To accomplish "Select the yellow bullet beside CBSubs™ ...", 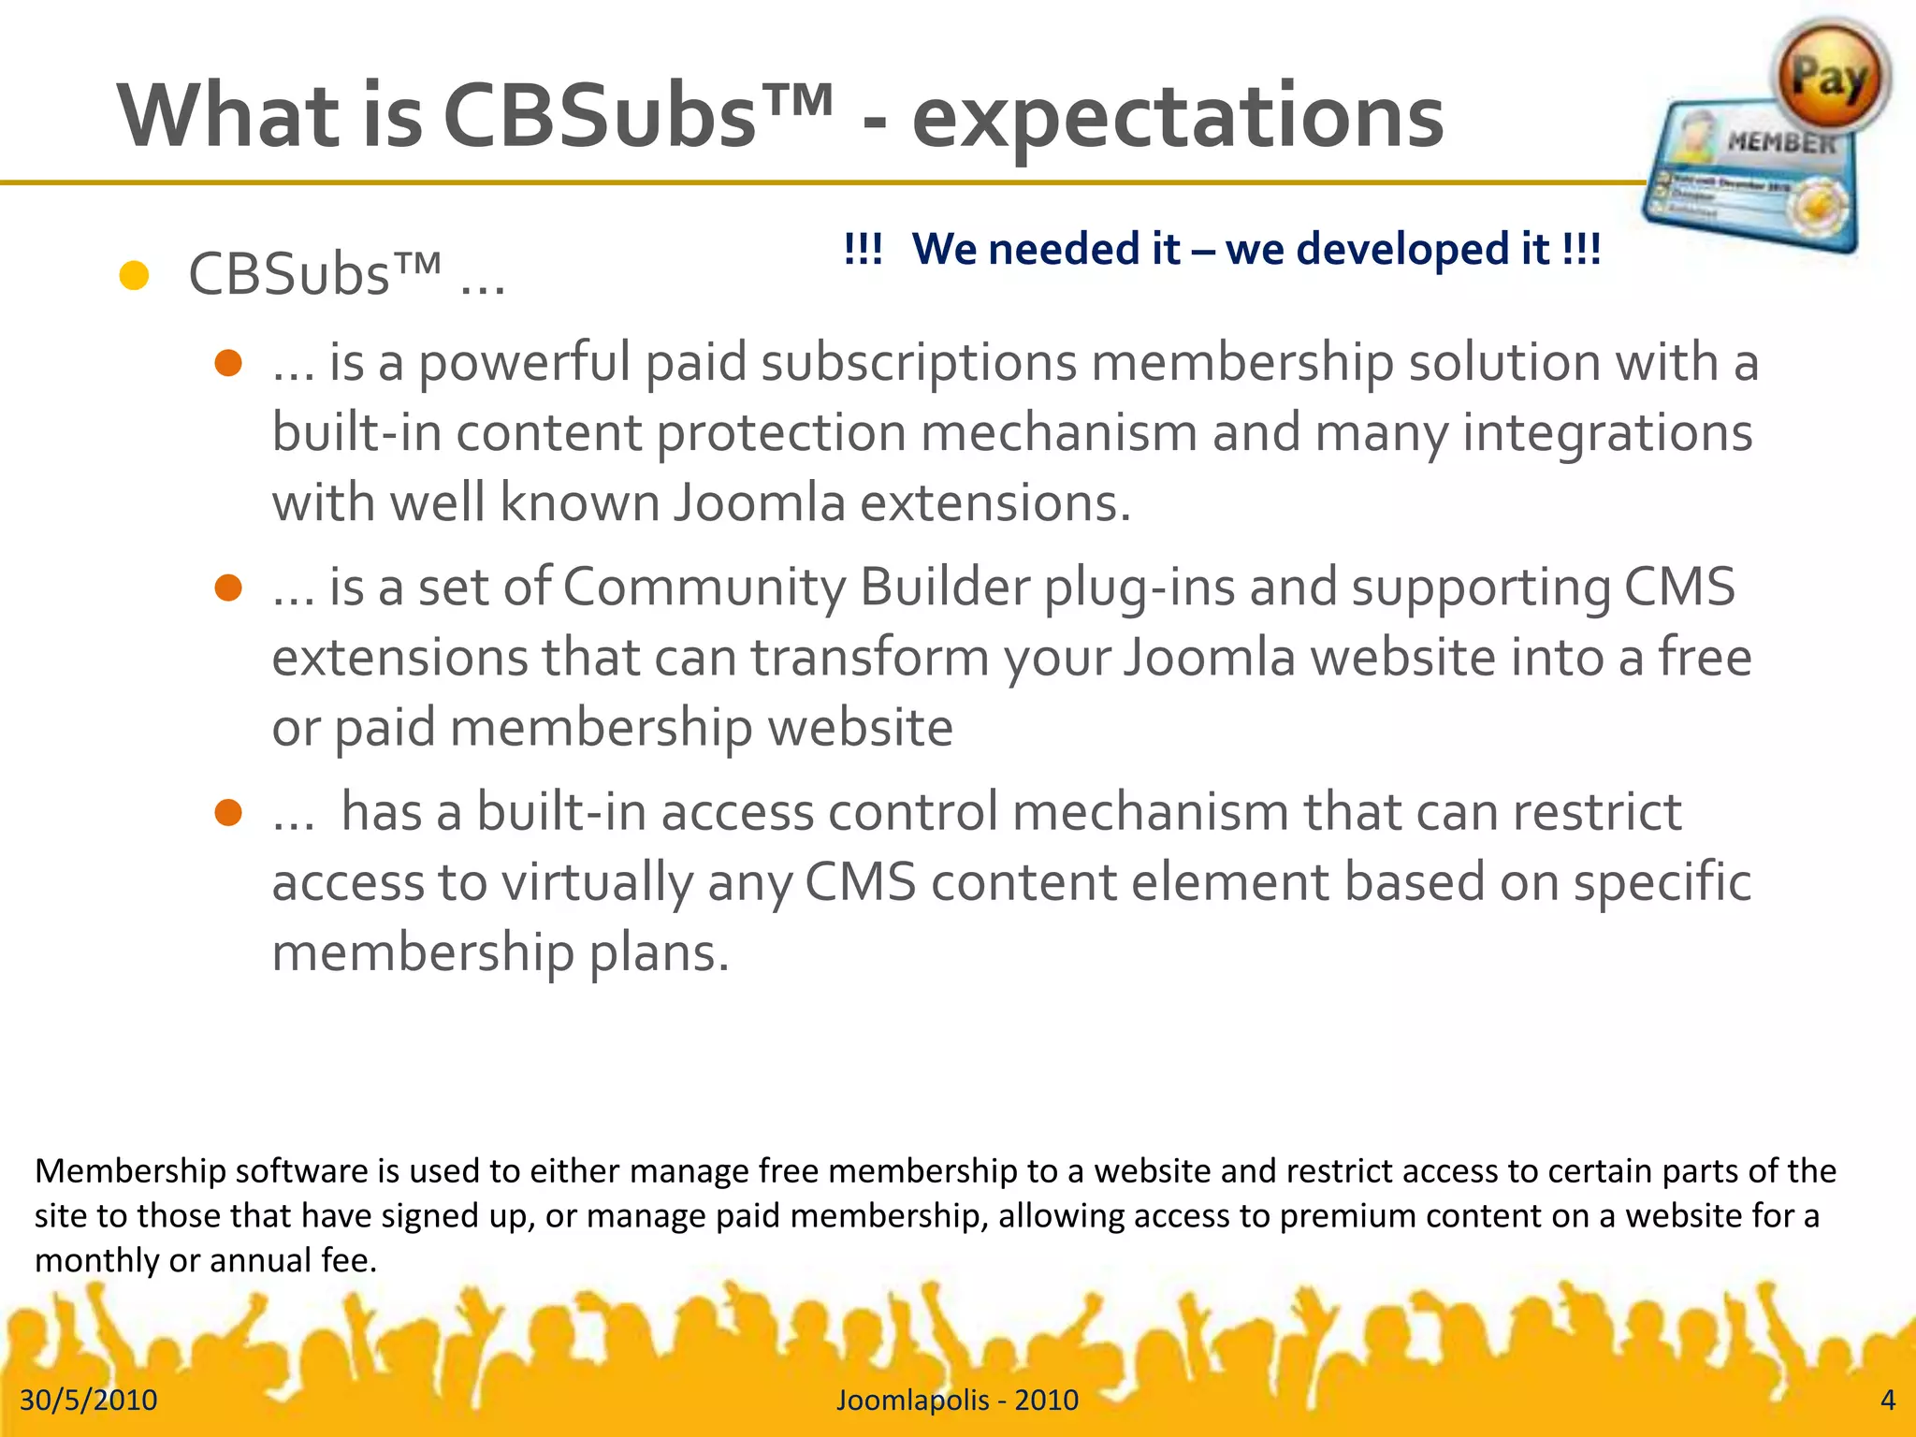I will point(135,276).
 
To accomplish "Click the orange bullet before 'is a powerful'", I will point(228,363).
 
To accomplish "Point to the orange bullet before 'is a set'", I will point(228,588).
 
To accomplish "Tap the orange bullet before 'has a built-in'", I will point(228,812).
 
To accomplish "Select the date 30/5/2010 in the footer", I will point(89,1400).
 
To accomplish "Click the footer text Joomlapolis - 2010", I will point(957,1400).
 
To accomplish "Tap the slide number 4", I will point(1887,1400).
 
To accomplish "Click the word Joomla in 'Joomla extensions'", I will point(759,503).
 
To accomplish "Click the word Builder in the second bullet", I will point(944,588).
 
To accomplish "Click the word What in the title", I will point(228,118).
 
